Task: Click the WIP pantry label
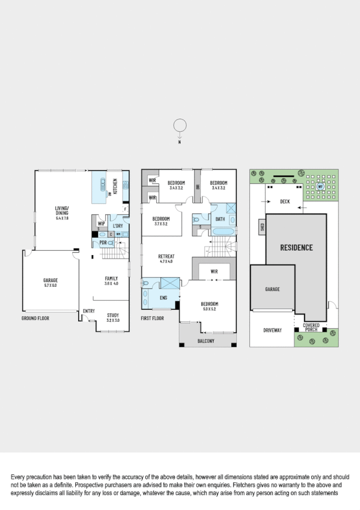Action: pos(101,224)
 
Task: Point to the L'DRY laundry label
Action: pos(118,226)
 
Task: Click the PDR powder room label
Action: pos(103,242)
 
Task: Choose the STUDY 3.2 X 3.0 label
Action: pos(113,317)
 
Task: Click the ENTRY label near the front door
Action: pos(89,311)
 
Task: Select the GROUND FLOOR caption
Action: pos(35,318)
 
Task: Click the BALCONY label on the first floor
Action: pos(207,341)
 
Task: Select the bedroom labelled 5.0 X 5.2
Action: pos(209,306)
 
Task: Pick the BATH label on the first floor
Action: pos(220,220)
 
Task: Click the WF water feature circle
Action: pos(320,186)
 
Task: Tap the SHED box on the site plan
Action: pos(262,227)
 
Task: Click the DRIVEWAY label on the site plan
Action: pos(272,330)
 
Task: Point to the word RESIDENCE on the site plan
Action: pos(296,247)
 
